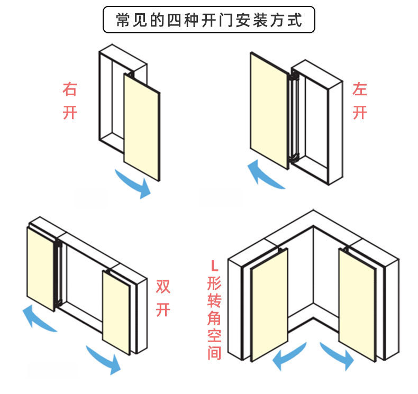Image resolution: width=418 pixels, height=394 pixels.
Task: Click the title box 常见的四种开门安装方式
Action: [x=208, y=21]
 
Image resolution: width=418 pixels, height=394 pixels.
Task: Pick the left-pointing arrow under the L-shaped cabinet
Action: [x=289, y=356]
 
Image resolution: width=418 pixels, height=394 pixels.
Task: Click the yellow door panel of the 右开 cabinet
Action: [x=141, y=127]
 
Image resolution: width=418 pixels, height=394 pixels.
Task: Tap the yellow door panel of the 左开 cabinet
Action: [x=269, y=112]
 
